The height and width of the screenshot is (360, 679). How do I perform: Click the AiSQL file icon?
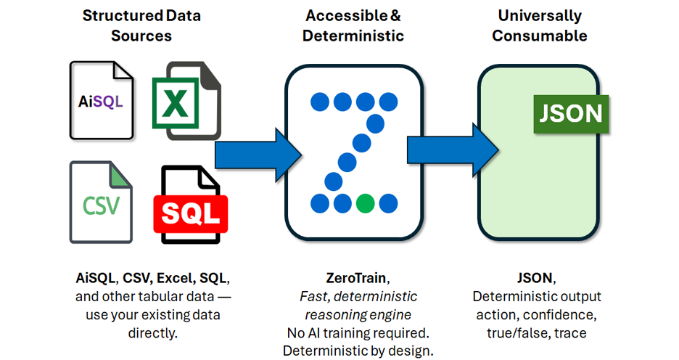(x=102, y=100)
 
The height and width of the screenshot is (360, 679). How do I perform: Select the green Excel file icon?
(x=186, y=101)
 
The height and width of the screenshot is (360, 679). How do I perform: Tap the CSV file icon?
(x=101, y=202)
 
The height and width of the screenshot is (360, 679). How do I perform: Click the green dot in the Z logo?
(x=366, y=202)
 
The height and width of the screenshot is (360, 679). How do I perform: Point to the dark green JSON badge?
(x=571, y=113)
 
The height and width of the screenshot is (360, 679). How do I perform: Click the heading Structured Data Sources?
(x=141, y=25)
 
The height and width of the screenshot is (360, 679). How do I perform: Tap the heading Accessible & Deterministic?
(x=355, y=25)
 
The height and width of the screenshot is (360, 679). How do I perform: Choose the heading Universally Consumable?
(x=540, y=25)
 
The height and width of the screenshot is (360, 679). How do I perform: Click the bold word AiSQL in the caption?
(x=96, y=278)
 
